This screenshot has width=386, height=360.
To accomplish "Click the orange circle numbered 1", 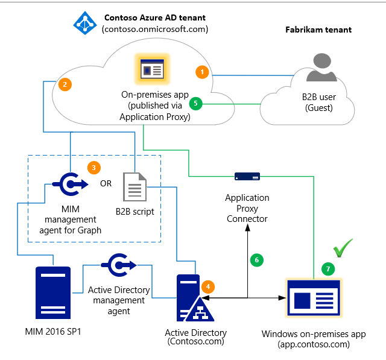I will coord(203,72).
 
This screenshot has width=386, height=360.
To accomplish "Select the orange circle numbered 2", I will coord(65,85).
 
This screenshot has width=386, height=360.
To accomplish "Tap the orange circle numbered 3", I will coord(93,166).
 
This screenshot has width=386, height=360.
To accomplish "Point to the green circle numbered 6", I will coord(256,260).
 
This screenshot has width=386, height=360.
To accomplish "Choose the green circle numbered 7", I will coord(329,269).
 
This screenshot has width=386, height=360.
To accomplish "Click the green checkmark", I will coord(343,247).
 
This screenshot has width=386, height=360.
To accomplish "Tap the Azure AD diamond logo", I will coord(84,23).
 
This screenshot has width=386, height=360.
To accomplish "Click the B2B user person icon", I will coord(321,67).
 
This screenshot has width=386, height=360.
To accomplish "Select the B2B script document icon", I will coord(134,188).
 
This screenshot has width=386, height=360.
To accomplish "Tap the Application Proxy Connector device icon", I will coord(247,177).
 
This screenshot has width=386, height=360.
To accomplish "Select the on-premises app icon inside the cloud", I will coord(153,69).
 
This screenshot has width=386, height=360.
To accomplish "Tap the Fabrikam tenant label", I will coord(318,29).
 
